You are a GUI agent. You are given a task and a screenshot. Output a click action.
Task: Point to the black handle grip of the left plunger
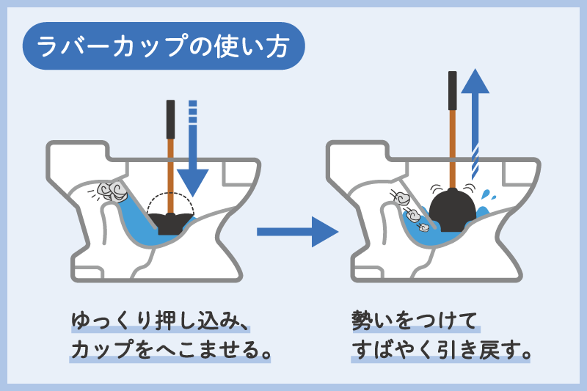[170, 117]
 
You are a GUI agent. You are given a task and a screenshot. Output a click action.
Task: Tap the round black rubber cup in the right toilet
[452, 208]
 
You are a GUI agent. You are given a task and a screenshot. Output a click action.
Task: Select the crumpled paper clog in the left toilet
[112, 192]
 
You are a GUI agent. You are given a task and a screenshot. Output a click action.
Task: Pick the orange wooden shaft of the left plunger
[171, 172]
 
